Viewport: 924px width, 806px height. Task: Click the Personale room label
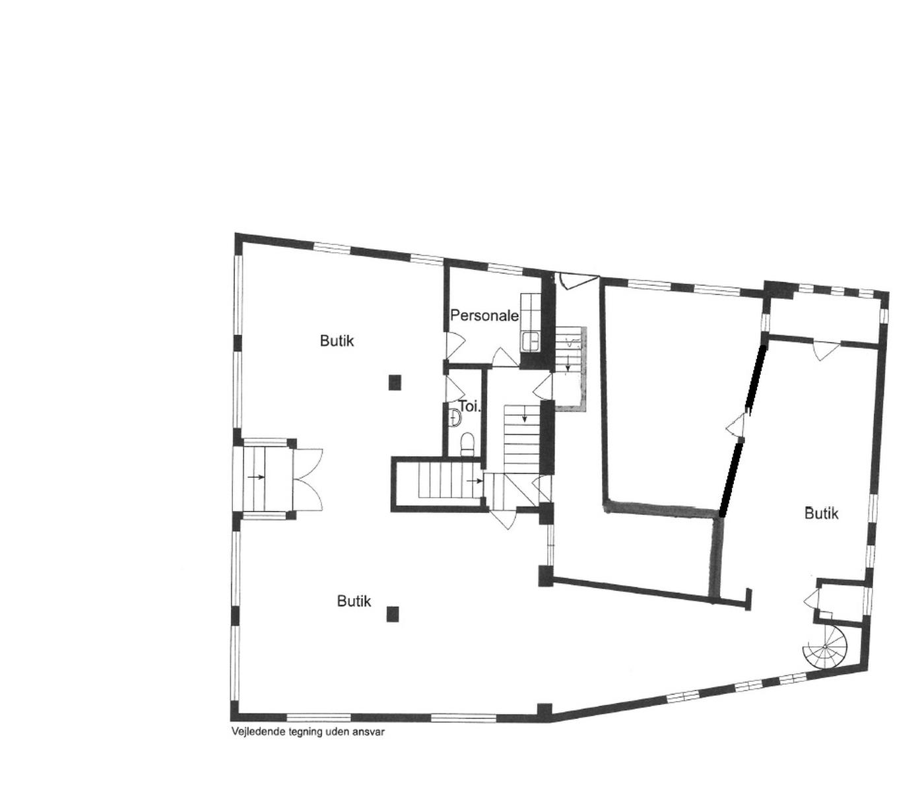pos(484,315)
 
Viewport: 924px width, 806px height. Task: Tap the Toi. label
pos(470,406)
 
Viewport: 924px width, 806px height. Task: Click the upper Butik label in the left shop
pos(337,341)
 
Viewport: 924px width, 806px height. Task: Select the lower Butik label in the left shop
pos(354,601)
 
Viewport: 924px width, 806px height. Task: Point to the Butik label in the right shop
pos(822,514)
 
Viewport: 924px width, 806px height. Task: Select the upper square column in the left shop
pos(395,382)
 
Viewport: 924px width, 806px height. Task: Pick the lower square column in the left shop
pos(393,614)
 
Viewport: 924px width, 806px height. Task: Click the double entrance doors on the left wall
pos(308,479)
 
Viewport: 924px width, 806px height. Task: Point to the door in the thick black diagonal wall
pos(736,424)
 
